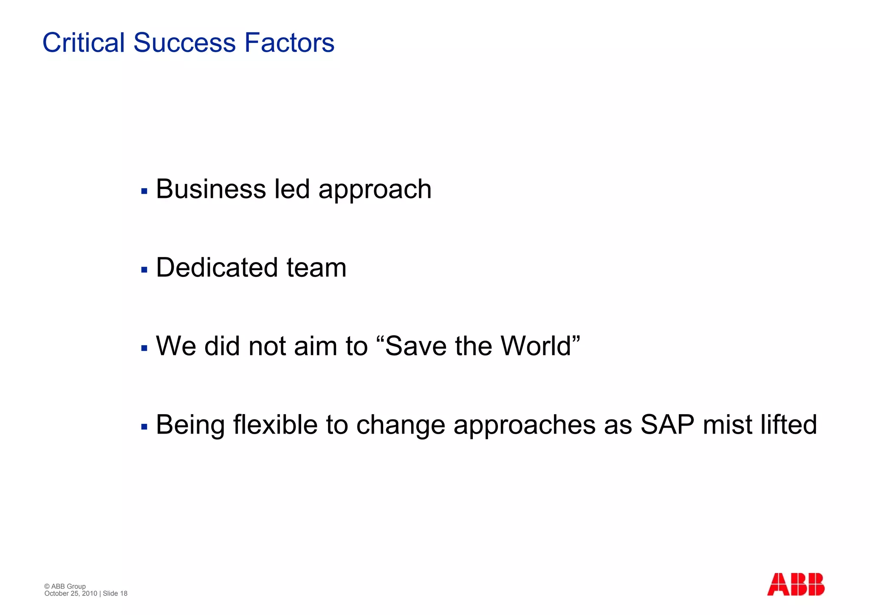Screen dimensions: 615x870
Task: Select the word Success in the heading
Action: tap(184, 43)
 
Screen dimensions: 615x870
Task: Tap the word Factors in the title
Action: tap(289, 43)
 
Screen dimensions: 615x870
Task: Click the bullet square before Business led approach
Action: tap(144, 191)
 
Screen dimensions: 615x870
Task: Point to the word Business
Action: tap(210, 189)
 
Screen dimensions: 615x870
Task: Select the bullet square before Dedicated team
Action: tap(144, 270)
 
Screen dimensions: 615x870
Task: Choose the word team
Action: tap(316, 268)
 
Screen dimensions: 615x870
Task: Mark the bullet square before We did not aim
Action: tap(144, 348)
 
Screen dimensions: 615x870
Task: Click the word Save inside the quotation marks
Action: tap(416, 346)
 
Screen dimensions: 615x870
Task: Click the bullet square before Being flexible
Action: tap(144, 427)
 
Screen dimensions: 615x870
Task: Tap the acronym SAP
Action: tap(667, 425)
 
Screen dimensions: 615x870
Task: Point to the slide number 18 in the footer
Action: tap(124, 593)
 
